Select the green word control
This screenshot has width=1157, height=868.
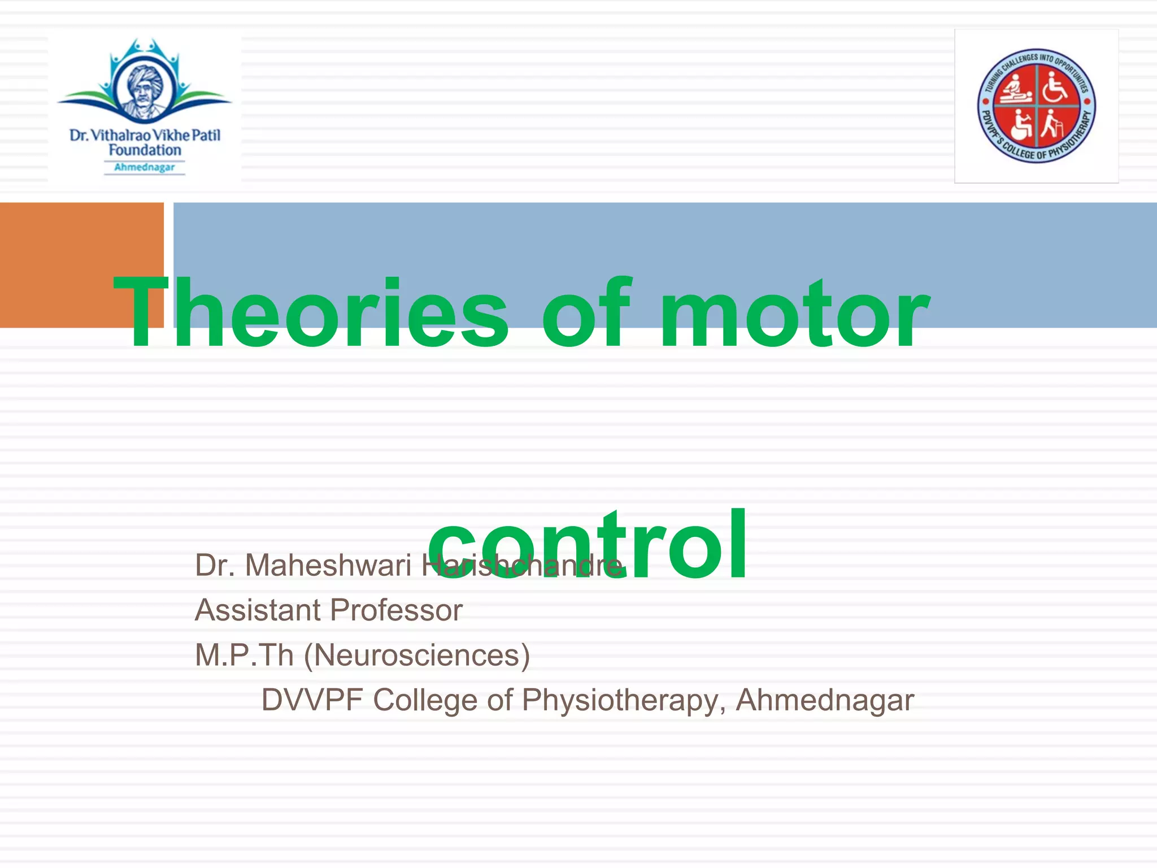(x=588, y=545)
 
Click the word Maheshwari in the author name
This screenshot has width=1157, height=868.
(x=328, y=565)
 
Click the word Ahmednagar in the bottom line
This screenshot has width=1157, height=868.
(x=825, y=700)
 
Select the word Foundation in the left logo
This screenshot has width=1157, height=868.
(x=145, y=150)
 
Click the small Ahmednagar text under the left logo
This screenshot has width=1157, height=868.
(x=145, y=167)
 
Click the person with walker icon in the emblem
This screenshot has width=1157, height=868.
(x=1052, y=124)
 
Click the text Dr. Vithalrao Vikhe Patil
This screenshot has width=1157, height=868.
(x=145, y=136)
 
